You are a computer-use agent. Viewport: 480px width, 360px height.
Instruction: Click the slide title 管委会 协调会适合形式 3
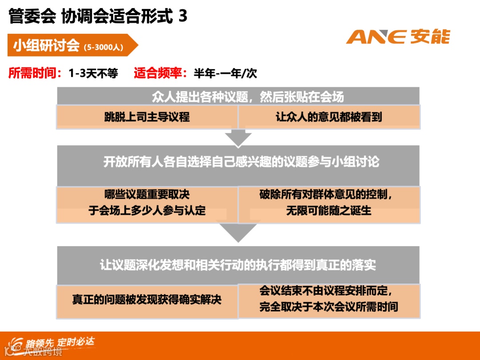(98, 16)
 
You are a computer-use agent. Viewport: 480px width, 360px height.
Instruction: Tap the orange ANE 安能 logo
(398, 37)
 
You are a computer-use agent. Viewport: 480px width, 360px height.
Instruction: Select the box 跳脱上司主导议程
(147, 117)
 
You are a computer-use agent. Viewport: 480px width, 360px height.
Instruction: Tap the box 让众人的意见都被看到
(329, 117)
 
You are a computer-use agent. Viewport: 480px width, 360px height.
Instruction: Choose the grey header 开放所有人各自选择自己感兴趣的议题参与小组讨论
(238, 162)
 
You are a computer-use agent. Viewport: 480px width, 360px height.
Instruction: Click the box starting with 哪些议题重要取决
(147, 204)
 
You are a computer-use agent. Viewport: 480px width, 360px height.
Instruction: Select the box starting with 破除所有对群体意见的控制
(329, 204)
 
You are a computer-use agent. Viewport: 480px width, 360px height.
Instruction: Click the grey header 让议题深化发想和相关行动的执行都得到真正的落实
(238, 265)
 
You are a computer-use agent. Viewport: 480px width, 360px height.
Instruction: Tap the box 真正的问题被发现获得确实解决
(147, 300)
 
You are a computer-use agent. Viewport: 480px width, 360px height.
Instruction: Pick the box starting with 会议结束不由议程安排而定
(329, 300)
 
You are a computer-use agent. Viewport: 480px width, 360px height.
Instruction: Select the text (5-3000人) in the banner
(103, 47)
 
